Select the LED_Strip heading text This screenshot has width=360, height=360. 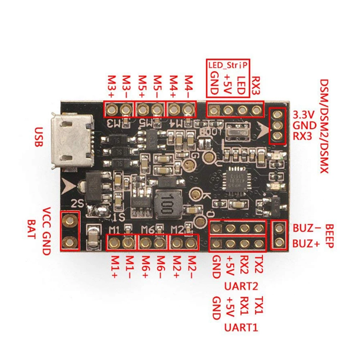tap(228, 66)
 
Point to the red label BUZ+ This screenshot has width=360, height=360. tap(306, 244)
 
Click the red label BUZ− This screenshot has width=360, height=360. tap(306, 228)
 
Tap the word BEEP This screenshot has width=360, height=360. tap(329, 236)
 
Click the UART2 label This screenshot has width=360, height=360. tap(241, 286)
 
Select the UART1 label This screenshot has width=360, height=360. tap(241, 327)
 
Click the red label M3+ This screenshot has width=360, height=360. tap(111, 86)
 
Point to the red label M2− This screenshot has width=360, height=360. tap(191, 266)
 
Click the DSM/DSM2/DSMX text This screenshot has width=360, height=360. tap(324, 126)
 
